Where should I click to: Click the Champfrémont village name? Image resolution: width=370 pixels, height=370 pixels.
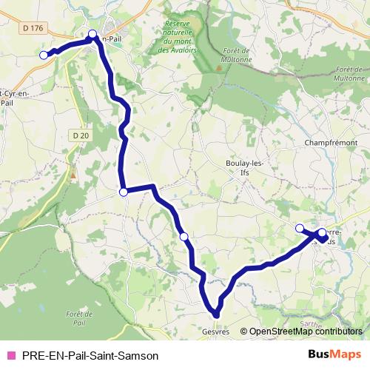pyautogui.click(x=331, y=141)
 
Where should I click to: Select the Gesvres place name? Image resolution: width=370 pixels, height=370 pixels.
pyautogui.click(x=215, y=331)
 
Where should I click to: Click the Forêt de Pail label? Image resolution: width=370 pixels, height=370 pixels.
pyautogui.click(x=75, y=319)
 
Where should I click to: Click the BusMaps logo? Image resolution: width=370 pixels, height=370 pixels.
pyautogui.click(x=334, y=354)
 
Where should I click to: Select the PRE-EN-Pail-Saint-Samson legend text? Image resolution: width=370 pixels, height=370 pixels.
pyautogui.click(x=90, y=354)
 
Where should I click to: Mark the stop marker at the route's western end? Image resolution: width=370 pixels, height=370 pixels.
pyautogui.click(x=44, y=55)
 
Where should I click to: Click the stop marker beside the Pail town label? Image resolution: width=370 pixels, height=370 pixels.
pyautogui.click(x=92, y=34)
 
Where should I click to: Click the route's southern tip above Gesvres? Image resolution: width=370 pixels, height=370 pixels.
pyautogui.click(x=217, y=314)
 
